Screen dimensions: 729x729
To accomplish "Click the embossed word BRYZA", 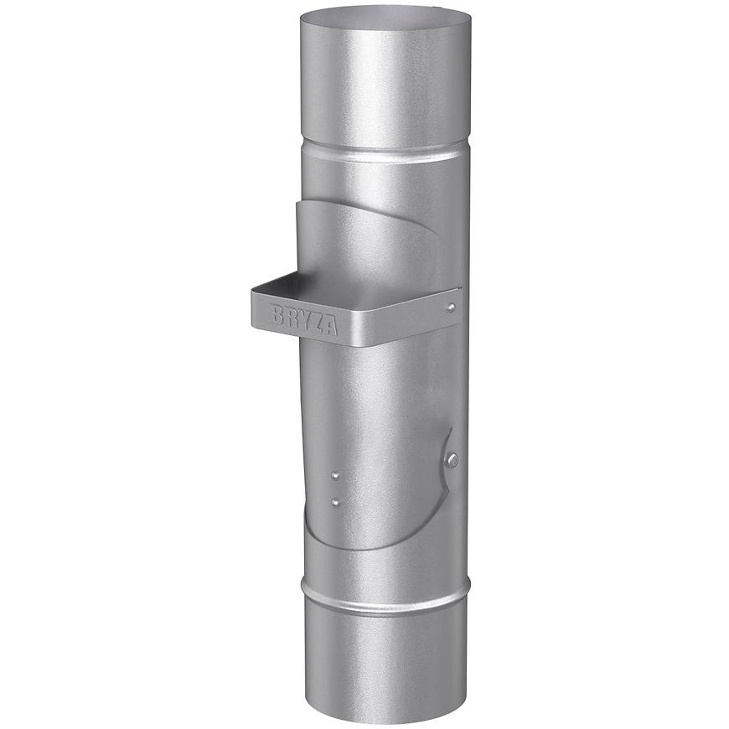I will pyautogui.click(x=304, y=319).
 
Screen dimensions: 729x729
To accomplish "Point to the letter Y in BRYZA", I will pyautogui.click(x=303, y=318).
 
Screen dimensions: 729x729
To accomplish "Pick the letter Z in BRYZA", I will pyautogui.click(x=317, y=322).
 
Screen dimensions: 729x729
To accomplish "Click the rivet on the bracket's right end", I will pyautogui.click(x=452, y=308).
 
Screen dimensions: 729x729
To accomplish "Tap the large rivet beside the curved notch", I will pyautogui.click(x=452, y=459).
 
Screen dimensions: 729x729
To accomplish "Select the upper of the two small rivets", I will pyautogui.click(x=335, y=476).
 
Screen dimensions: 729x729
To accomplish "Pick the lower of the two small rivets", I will pyautogui.click(x=335, y=503).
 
